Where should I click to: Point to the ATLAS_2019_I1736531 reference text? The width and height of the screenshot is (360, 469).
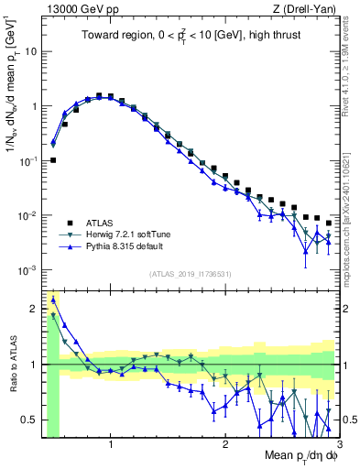click(x=189, y=274)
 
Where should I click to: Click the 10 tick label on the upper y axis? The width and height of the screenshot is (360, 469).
click(x=30, y=51)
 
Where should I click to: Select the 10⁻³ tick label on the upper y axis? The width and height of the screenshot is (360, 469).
click(x=27, y=270)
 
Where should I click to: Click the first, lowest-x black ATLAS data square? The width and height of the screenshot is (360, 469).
click(x=53, y=160)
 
